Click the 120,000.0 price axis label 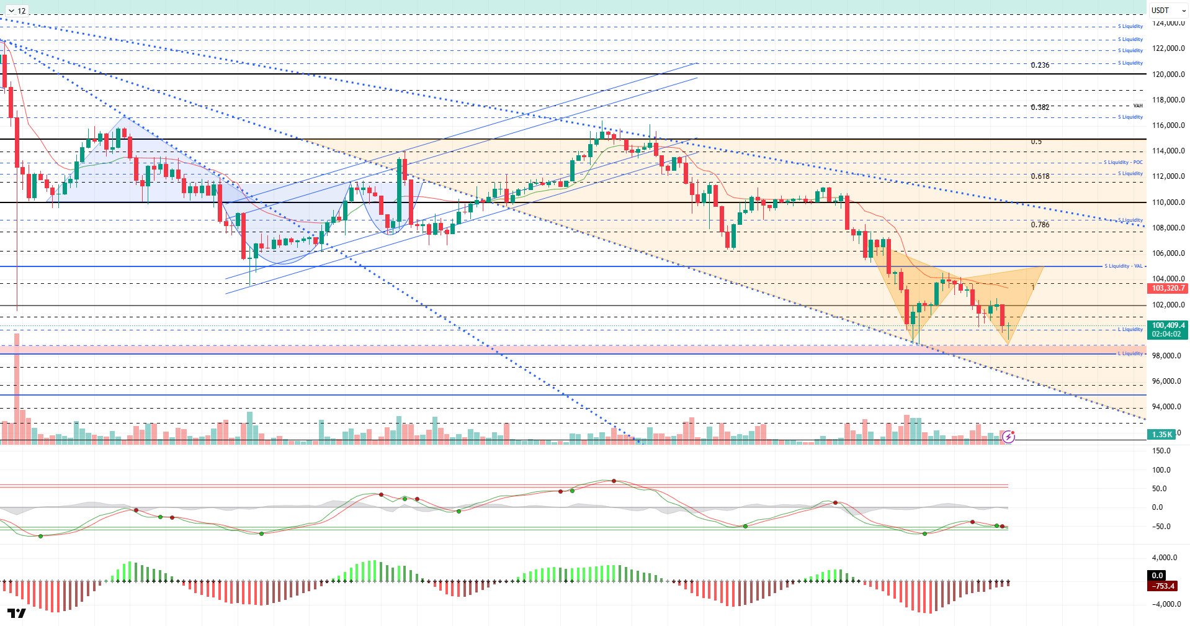tap(1168, 75)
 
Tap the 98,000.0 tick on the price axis tap(1166, 356)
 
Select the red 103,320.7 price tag tap(1168, 288)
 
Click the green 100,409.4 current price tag tap(1168, 325)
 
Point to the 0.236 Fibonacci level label tap(1040, 65)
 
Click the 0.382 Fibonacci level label tap(1040, 107)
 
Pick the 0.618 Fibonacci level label tap(1040, 176)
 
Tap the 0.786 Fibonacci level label tap(1040, 225)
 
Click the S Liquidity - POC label tap(1123, 163)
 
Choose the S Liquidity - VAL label tap(1123, 266)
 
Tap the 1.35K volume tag tap(1162, 435)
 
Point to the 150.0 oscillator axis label tap(1161, 451)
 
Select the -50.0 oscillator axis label tap(1161, 527)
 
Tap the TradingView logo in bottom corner tap(17, 614)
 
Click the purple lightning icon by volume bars tap(1009, 437)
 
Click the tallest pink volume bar tap(17, 388)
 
